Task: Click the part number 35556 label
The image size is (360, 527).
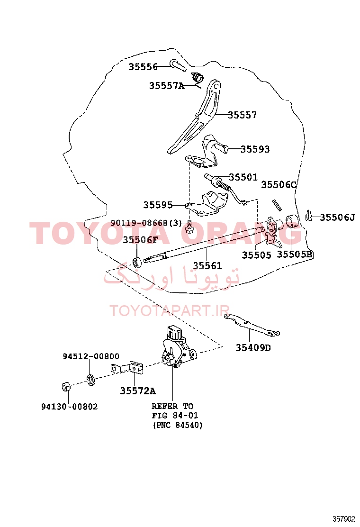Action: coord(143,67)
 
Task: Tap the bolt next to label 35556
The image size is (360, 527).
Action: coord(178,65)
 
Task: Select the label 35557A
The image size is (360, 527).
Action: coord(167,86)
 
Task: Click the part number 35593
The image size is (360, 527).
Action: coord(255,149)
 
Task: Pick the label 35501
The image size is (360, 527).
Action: coord(243,177)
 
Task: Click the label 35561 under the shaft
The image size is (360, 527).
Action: coord(207,265)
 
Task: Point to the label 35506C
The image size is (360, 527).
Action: coord(279,184)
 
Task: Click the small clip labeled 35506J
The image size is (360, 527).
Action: coord(308,216)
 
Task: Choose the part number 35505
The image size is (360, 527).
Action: coord(257,255)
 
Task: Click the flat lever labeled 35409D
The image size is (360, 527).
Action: coord(252,325)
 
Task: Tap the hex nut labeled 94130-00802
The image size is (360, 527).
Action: coord(66,387)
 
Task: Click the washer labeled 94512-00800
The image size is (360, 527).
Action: coord(90,380)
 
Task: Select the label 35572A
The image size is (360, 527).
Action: coord(138,391)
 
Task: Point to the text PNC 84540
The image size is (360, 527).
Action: coord(178,425)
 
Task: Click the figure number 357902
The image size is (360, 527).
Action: coord(343,519)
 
